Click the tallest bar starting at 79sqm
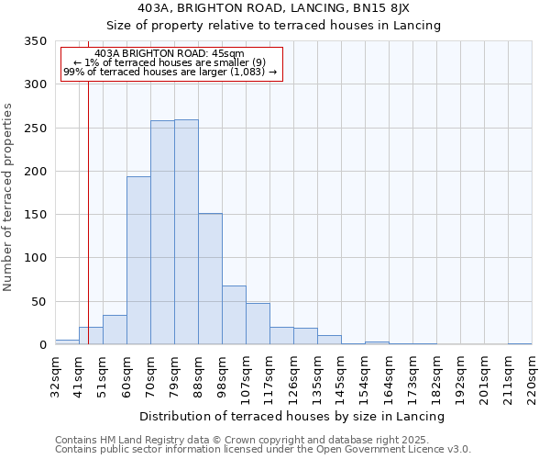(186, 232)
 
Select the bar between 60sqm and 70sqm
(138, 261)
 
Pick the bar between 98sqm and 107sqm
(234, 315)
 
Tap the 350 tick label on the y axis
(35, 41)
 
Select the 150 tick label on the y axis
(35, 215)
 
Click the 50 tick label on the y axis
(38, 301)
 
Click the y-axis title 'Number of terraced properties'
(8, 196)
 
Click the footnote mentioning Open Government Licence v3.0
(263, 450)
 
